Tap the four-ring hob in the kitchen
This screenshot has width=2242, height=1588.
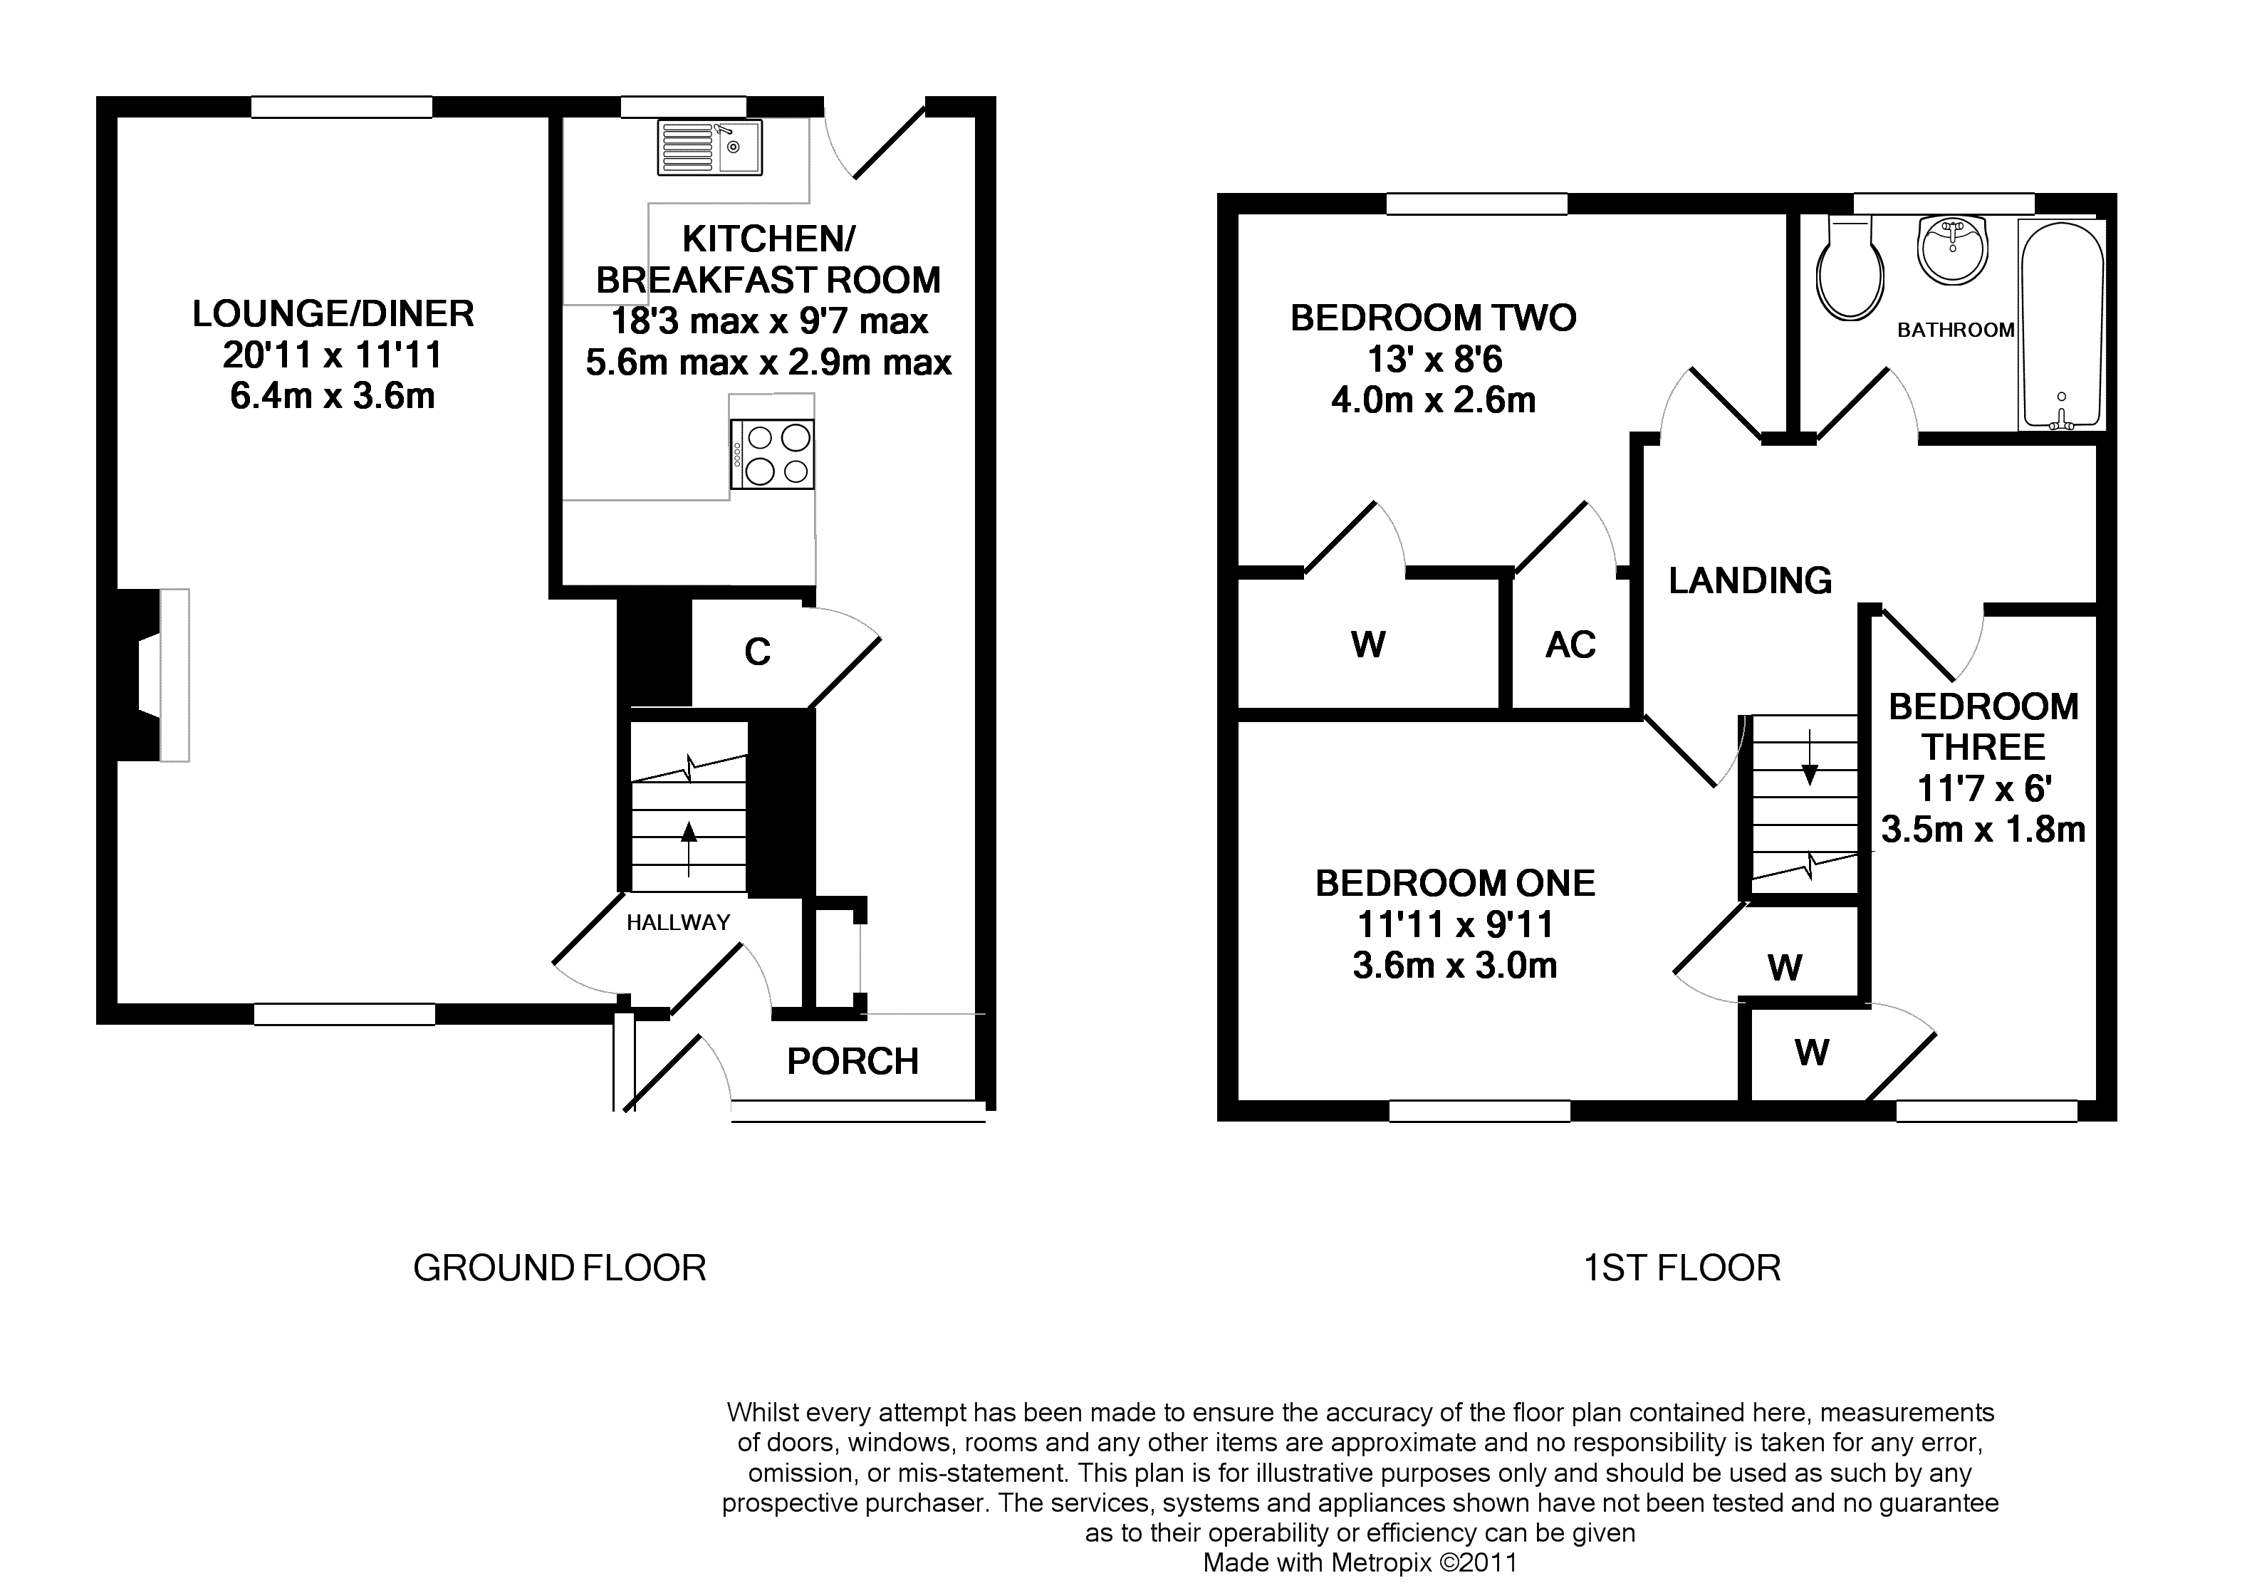coord(771,454)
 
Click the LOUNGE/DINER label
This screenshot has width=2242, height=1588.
coord(333,314)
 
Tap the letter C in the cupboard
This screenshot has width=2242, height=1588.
coord(758,652)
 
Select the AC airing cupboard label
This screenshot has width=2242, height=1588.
coord(1570,644)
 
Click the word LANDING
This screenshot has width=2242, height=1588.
coord(1750,581)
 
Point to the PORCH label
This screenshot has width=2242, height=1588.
coord(853,1061)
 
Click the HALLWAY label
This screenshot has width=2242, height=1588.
coord(679,922)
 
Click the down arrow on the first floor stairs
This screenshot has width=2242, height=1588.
coord(1810,757)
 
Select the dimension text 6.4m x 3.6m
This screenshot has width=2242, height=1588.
coord(333,396)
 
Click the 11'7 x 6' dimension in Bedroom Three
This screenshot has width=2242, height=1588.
coord(1984,788)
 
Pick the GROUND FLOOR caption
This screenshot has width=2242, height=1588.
coord(559,1268)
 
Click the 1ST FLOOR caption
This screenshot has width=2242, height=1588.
coord(1681,1268)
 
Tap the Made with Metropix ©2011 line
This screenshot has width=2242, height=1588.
coord(1360,1562)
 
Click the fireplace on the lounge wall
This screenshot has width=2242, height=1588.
coord(152,674)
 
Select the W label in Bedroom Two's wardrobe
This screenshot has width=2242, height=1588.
coord(1368,644)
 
